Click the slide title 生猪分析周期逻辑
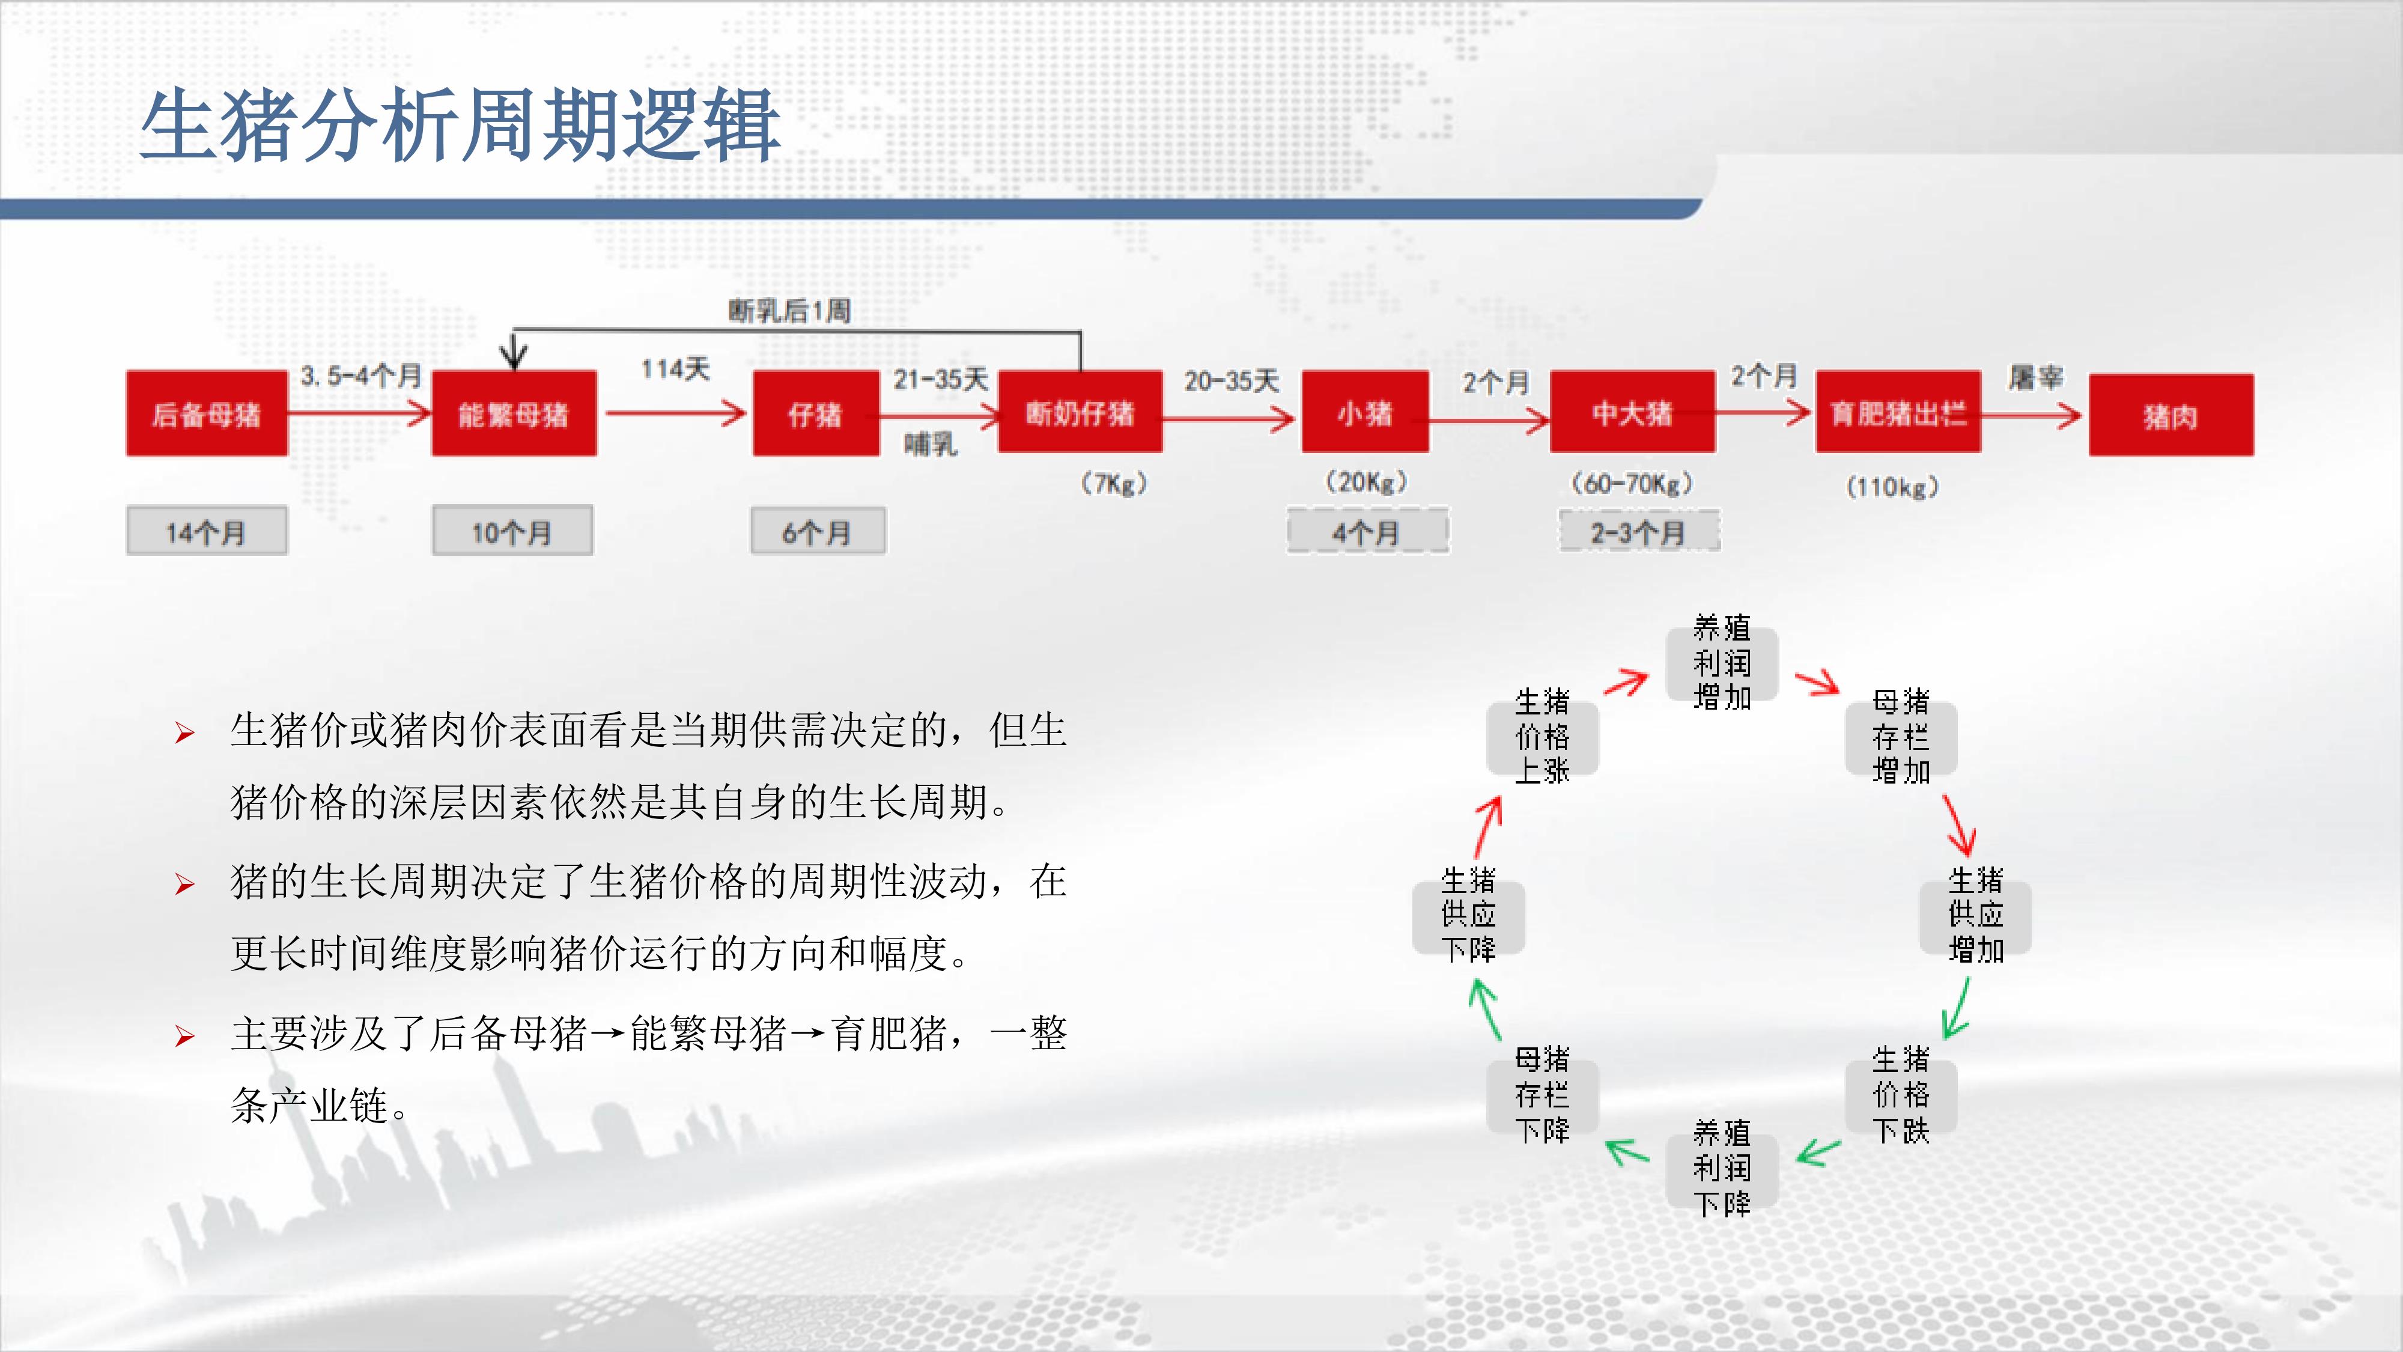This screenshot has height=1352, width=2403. (460, 125)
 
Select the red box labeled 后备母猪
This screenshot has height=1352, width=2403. (207, 413)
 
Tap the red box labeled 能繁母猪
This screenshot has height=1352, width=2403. (514, 413)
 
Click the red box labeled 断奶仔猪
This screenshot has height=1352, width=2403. (1080, 412)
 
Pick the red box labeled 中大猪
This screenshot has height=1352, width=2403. (1632, 412)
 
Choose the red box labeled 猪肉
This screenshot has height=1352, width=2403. (2171, 415)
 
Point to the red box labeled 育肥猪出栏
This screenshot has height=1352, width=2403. (1898, 412)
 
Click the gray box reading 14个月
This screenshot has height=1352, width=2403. (207, 531)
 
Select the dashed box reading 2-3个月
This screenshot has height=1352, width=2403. (1639, 532)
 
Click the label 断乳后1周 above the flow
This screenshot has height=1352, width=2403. (789, 311)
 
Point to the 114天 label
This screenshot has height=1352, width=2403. (675, 368)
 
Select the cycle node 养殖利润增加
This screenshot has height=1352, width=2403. (1722, 662)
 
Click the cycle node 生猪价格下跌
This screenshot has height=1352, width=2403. (1901, 1094)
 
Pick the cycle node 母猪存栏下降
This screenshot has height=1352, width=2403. (1543, 1094)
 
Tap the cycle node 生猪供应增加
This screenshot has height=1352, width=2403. (1976, 915)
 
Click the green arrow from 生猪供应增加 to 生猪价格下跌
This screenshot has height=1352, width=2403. (1957, 1008)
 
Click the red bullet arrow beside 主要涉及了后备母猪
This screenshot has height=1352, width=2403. (184, 1036)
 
